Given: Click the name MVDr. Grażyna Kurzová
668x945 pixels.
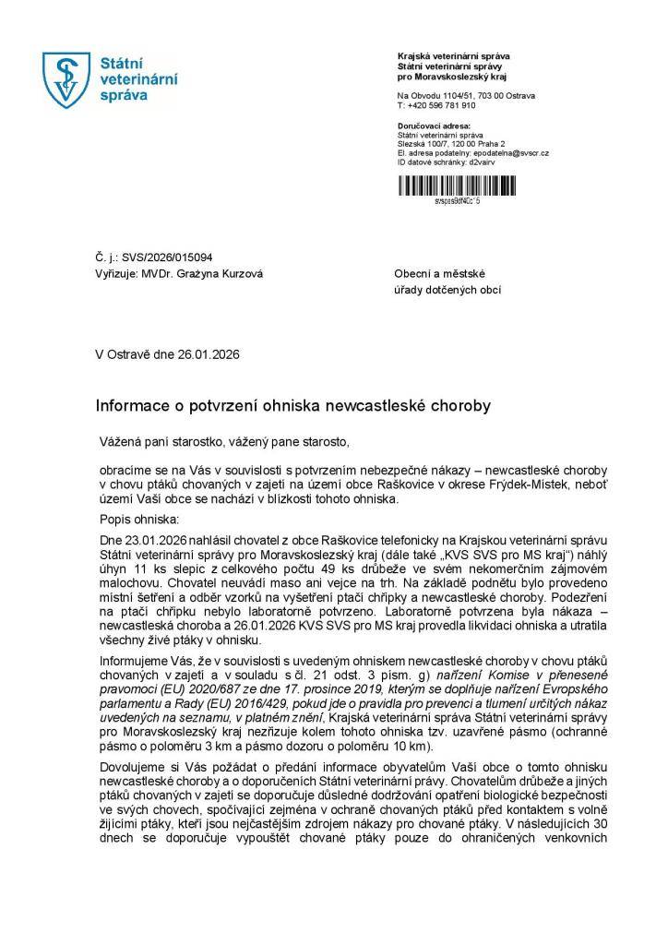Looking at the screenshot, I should (194, 274).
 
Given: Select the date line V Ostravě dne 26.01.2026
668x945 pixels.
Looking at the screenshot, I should (167, 353).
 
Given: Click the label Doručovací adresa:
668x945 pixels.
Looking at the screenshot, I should (434, 125).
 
